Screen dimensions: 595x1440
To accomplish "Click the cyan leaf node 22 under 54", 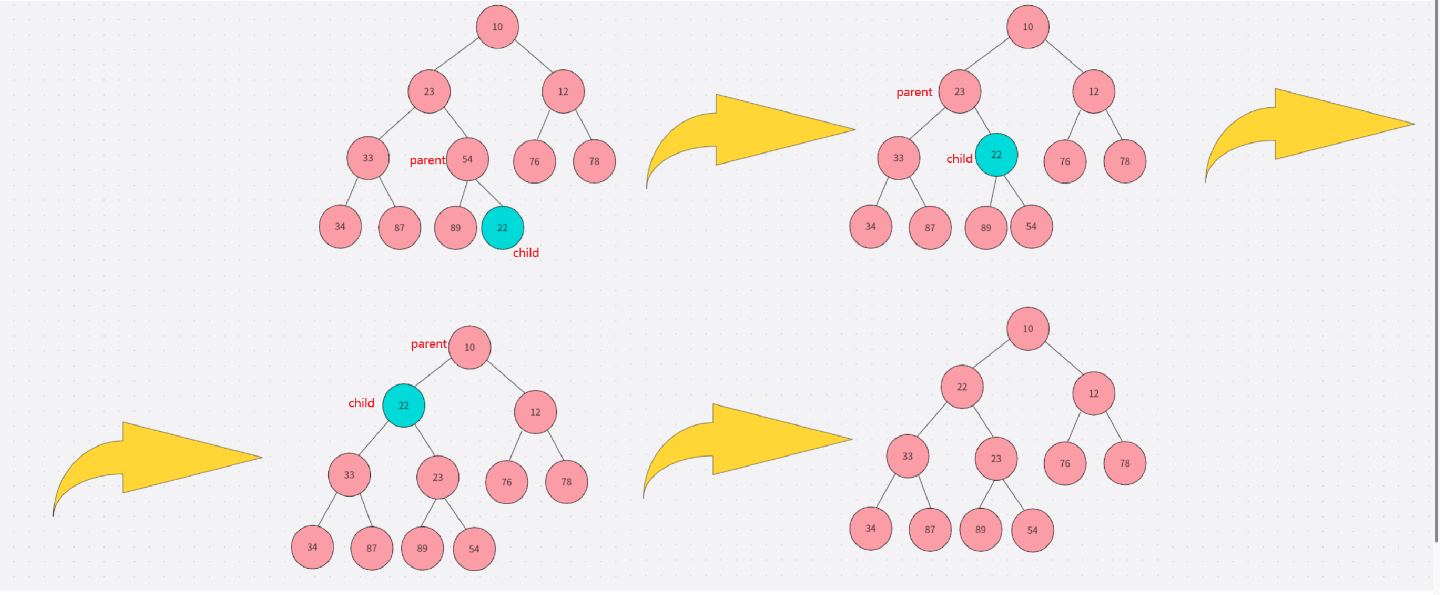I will point(503,228).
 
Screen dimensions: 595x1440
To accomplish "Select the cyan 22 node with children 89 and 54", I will point(996,155).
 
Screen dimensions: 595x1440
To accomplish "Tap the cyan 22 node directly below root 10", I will point(403,406).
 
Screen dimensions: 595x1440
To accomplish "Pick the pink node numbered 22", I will point(962,387).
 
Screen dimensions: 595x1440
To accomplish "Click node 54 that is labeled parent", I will point(467,159).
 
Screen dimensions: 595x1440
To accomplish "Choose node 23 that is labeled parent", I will point(960,91).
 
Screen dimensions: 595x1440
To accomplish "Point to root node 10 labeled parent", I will point(469,347).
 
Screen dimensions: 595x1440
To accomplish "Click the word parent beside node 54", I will point(427,160).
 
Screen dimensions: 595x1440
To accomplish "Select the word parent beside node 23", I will point(914,92).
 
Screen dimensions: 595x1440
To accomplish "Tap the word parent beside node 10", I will point(429,344).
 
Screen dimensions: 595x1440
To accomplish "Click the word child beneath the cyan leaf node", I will point(525,253).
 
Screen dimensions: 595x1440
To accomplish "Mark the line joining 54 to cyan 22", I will point(489,193).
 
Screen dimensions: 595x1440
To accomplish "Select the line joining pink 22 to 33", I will point(931,420).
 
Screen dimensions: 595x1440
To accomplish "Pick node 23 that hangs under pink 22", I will point(996,459).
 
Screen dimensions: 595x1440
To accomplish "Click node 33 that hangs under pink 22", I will point(907,456).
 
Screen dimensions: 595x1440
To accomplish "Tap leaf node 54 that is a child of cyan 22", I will point(1031,227).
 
